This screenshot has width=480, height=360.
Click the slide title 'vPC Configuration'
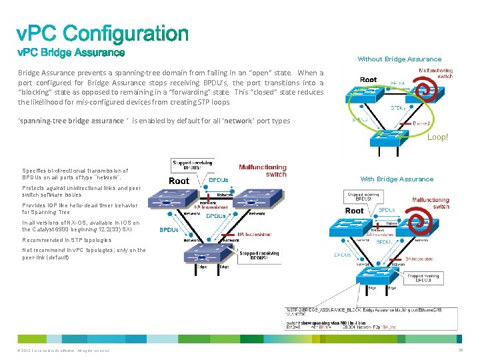[103, 33]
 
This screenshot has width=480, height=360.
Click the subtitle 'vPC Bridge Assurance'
[71, 52]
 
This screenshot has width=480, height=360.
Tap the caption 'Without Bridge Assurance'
[399, 59]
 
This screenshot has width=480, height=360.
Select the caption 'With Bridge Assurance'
[397, 179]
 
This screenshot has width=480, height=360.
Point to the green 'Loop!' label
[437, 137]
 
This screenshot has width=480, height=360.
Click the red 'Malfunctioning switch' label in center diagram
[263, 171]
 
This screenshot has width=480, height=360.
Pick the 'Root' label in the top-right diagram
[369, 80]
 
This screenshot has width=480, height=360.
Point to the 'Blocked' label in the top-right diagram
[421, 123]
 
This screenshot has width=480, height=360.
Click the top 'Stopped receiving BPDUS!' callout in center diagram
[192, 164]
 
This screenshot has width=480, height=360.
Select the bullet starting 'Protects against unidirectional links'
[81, 191]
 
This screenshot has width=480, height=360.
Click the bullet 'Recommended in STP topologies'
[67, 240]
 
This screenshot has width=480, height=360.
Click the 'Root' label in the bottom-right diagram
[355, 211]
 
